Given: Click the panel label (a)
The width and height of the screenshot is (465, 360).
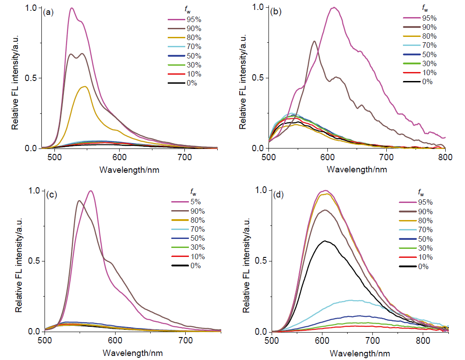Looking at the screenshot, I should click(48, 13).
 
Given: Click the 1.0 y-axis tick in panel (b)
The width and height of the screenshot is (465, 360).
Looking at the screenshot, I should click(256, 7).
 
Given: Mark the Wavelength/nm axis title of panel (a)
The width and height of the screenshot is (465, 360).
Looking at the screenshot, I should click(129, 170).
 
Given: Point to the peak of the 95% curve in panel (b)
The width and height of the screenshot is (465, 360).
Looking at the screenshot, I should click(333, 7).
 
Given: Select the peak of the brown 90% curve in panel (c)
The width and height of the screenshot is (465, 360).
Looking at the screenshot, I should click(79, 201).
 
